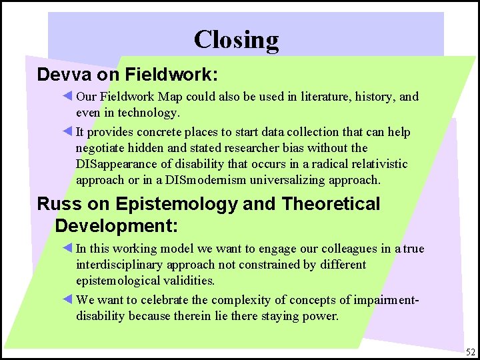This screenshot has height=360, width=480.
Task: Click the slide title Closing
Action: point(236,40)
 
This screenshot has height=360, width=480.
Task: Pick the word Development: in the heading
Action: point(117,225)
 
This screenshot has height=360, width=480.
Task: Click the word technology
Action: point(148,113)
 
